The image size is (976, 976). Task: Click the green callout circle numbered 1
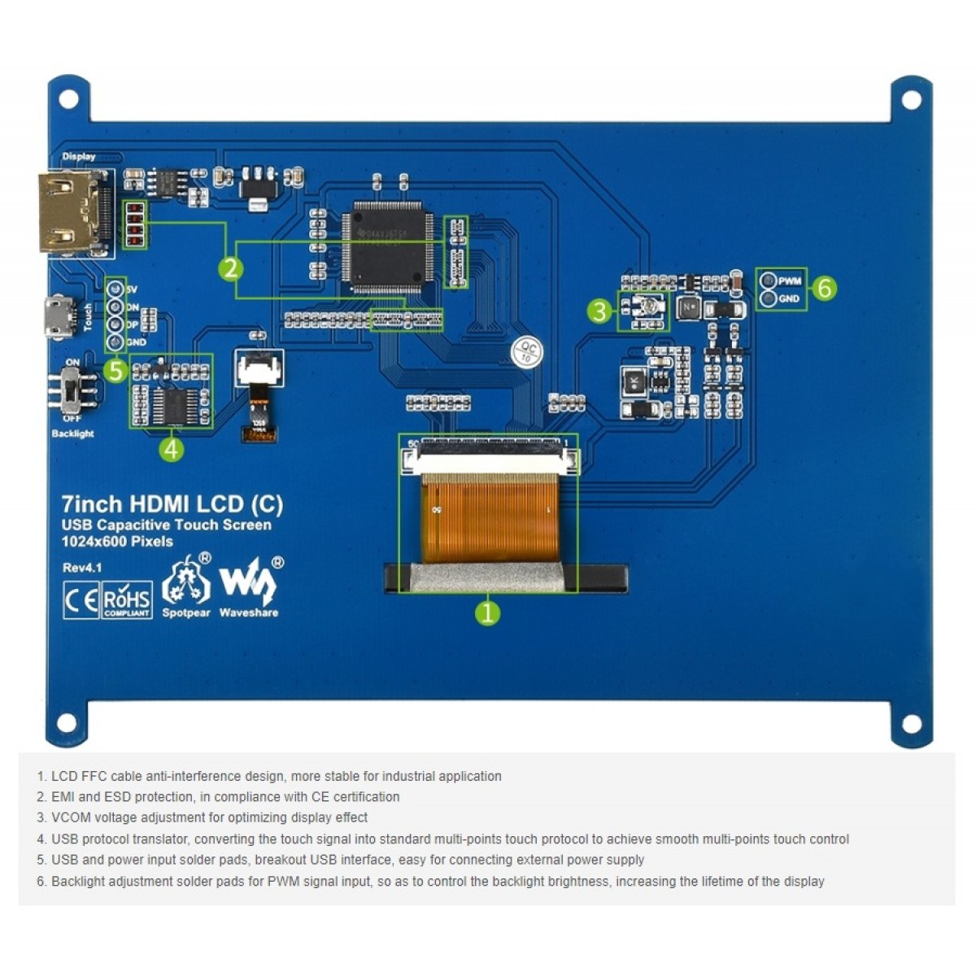pos(487,612)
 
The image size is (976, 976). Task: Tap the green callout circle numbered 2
pos(231,268)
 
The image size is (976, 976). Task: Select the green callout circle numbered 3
pos(599,311)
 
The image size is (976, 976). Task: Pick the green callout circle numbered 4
pos(172,448)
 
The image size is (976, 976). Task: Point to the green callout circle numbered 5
pos(115,371)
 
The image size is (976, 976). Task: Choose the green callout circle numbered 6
pos(824,288)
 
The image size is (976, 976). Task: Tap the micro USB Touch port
pos(57,318)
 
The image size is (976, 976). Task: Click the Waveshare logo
pos(249,586)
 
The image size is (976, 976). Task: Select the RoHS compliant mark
pos(127,601)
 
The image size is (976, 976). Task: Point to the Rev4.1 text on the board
pos(82,568)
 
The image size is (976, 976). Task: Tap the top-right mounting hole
pos(911,100)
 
